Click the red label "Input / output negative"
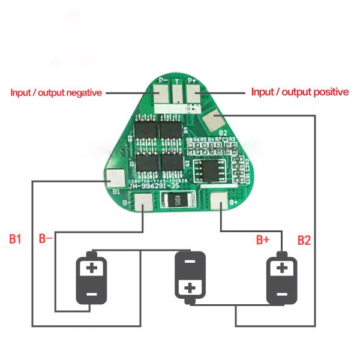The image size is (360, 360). click(56, 93)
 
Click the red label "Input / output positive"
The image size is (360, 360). click(299, 92)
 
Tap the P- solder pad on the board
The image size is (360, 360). click(161, 93)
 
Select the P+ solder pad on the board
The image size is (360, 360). click(193, 93)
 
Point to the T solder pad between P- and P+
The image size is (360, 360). click(177, 93)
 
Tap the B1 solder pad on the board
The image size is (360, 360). click(115, 178)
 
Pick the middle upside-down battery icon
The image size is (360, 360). click(190, 275)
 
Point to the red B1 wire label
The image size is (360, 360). click(16, 239)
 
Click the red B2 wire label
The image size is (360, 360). click(304, 241)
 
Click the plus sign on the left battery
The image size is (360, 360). click(91, 268)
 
